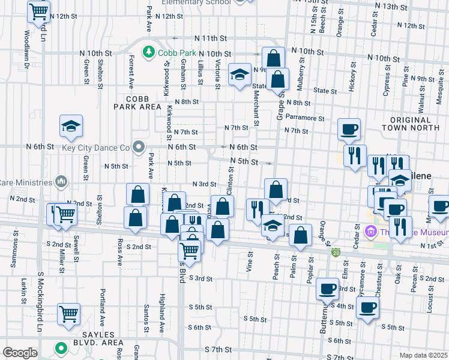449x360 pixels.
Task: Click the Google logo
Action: point(20,353)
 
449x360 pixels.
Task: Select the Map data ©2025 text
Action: point(423,355)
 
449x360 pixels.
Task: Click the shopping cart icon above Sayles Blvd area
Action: point(69,313)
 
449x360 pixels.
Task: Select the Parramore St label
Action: point(305,118)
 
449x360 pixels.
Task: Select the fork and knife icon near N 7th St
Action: point(354,155)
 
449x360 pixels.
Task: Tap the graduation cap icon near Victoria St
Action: point(240,74)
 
